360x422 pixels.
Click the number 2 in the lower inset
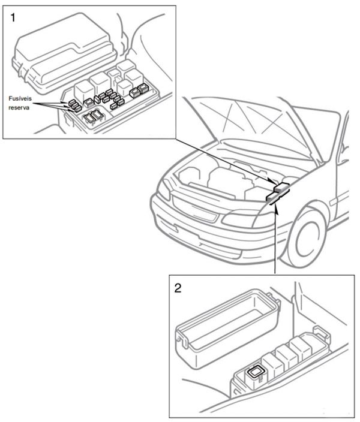(x=178, y=287)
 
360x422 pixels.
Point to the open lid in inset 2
(x=227, y=324)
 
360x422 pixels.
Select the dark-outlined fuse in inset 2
(x=256, y=372)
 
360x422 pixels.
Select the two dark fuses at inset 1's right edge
(x=139, y=91)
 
